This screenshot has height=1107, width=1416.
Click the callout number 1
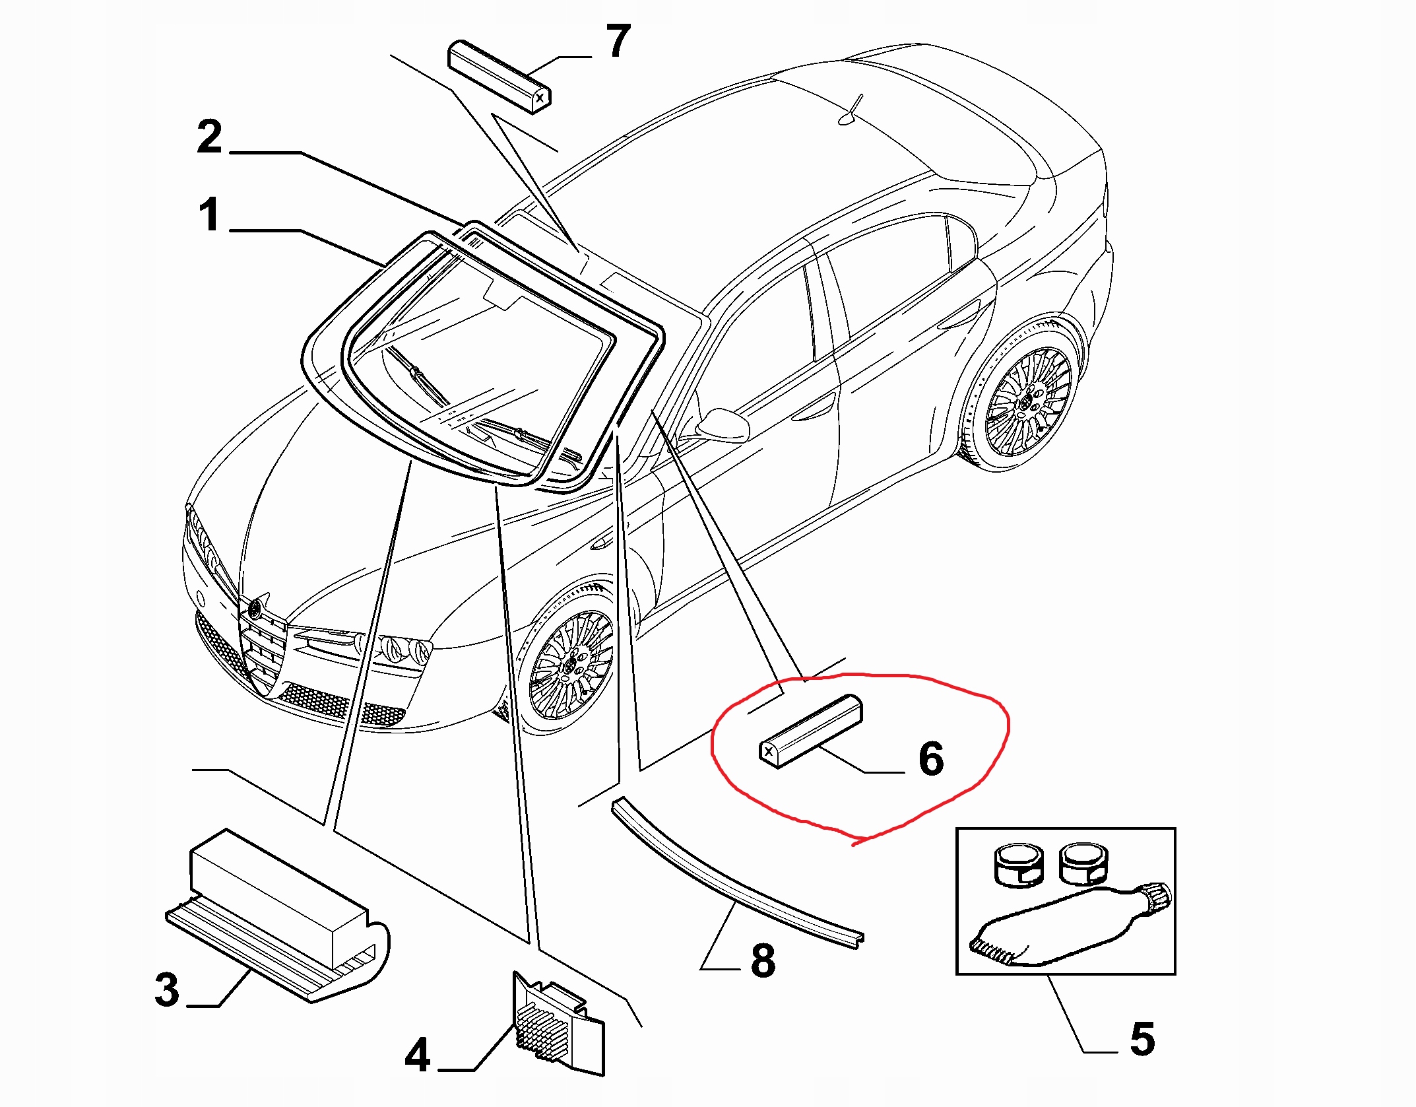pos(210,216)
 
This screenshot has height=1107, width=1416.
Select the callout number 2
pos(210,137)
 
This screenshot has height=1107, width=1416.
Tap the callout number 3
pos(167,990)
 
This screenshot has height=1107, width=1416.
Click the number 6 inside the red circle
pos(931,759)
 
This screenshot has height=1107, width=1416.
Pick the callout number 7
pos(618,41)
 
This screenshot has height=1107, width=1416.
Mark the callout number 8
pos(763,961)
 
